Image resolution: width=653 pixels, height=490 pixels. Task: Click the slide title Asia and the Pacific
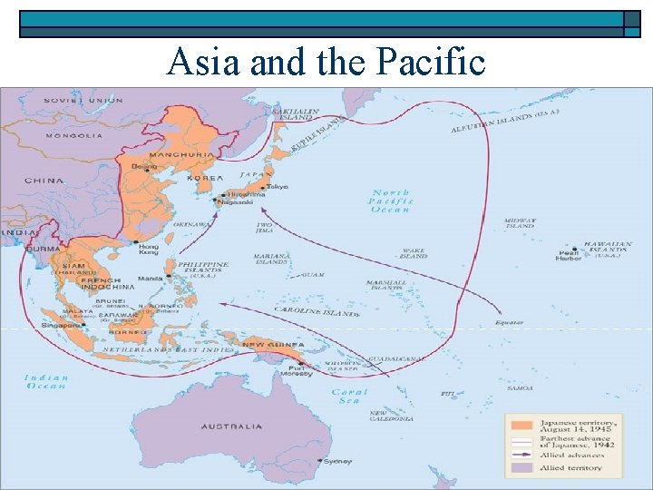pos(326,61)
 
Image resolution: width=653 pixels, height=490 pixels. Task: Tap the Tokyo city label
pos(278,186)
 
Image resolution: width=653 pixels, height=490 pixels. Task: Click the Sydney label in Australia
pos(337,461)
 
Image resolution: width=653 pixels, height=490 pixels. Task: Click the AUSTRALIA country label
pos(231,426)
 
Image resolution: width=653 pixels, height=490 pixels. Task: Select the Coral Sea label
pos(350,397)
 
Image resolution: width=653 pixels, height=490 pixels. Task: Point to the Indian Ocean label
pos(45,381)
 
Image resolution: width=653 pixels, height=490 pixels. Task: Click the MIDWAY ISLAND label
pos(521,222)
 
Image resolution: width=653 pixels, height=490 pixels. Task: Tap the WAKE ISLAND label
pos(413,253)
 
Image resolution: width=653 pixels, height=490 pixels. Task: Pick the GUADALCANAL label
pos(397,359)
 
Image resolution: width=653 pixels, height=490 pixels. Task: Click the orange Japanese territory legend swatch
pos(521,424)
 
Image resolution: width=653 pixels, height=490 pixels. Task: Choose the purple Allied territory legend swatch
pos(521,467)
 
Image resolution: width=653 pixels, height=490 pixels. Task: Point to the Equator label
pos(509,322)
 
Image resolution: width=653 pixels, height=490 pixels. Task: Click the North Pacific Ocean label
pos(391,201)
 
